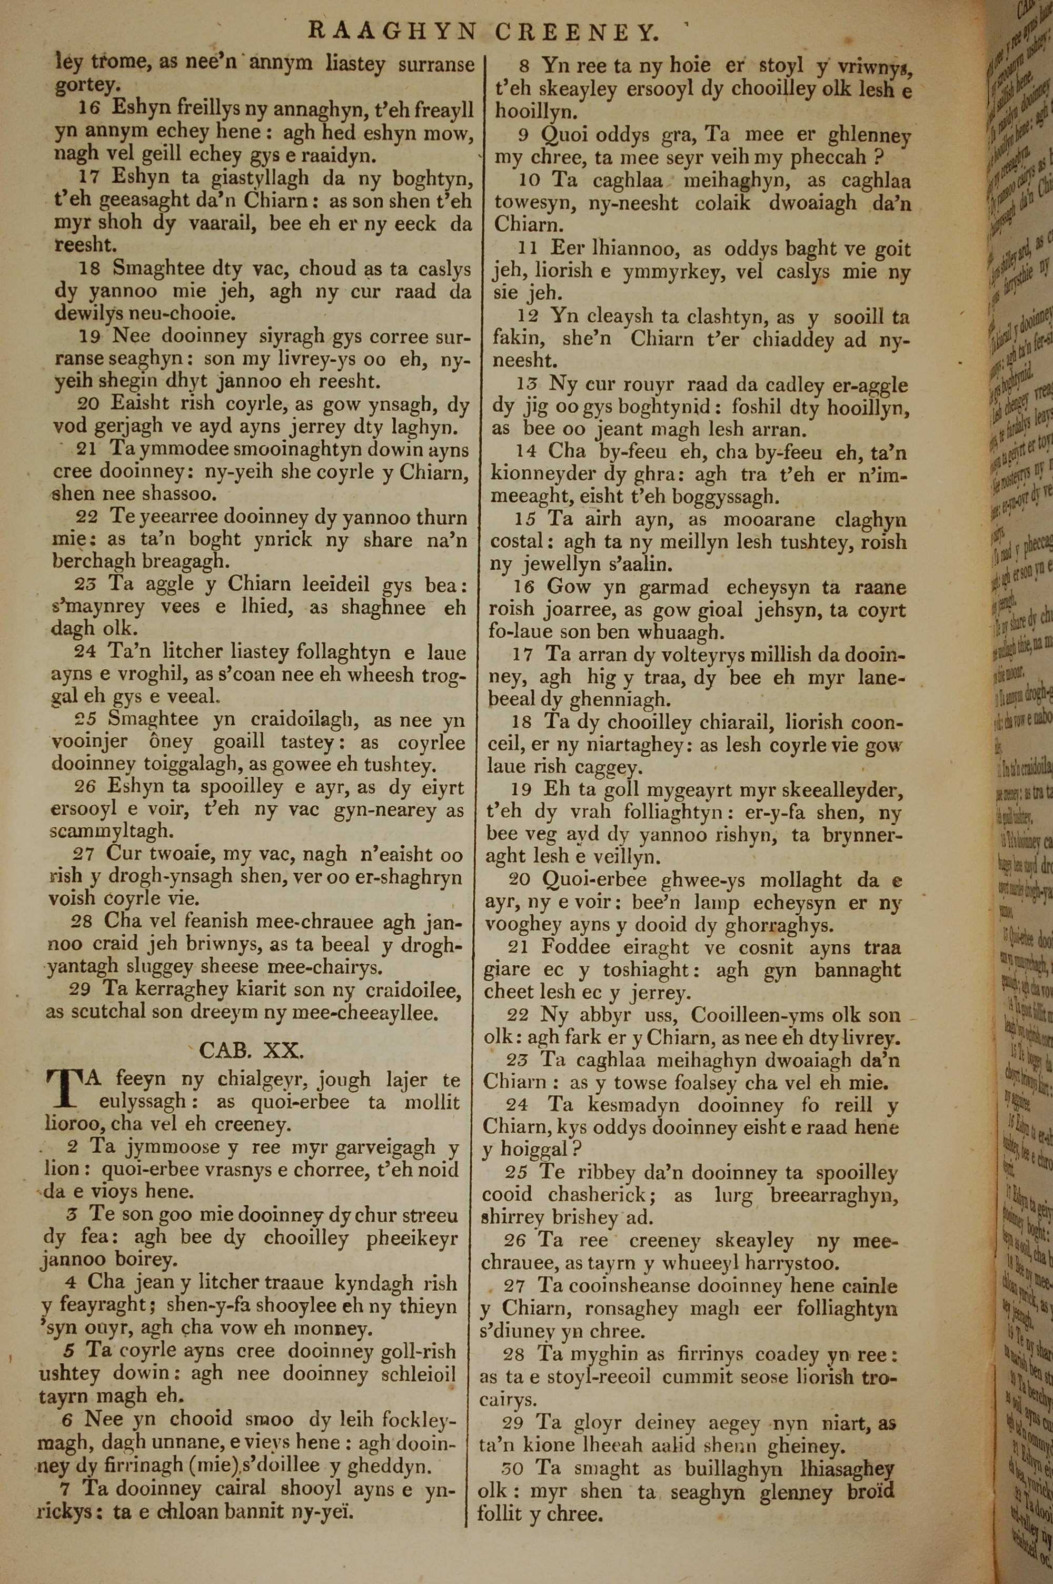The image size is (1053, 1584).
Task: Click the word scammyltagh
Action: tap(112, 831)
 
